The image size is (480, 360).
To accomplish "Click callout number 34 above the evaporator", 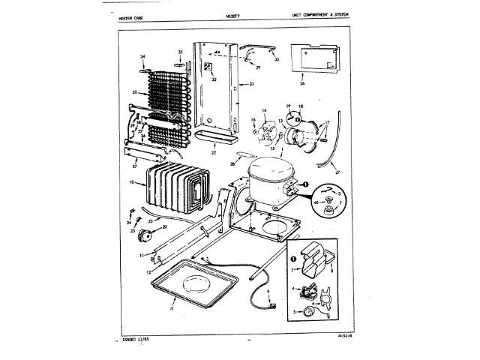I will click(142, 57).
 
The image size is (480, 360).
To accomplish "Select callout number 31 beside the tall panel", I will click(252, 85).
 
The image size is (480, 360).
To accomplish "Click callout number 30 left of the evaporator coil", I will click(134, 92).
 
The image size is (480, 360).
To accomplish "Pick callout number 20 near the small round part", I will click(165, 226).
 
